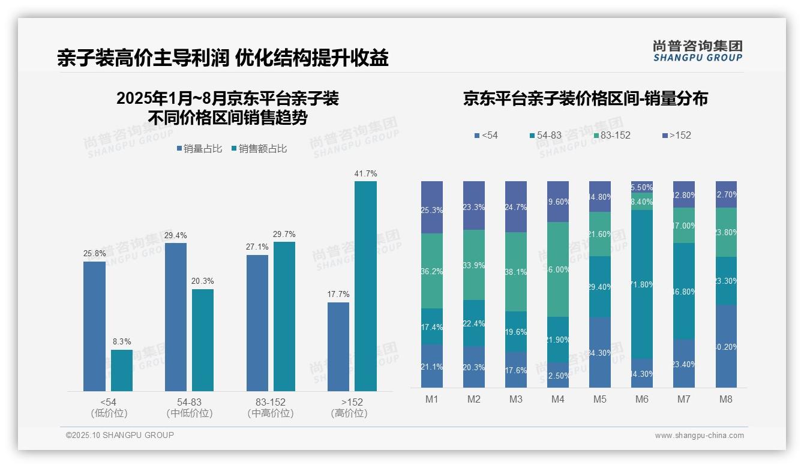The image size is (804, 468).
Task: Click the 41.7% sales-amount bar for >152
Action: (x=365, y=286)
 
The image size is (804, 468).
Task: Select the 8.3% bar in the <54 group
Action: (x=122, y=370)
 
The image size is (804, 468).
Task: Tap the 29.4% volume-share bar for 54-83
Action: (x=176, y=317)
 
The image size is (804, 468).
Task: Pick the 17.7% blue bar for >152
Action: (x=338, y=346)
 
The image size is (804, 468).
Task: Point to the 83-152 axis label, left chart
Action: (x=271, y=402)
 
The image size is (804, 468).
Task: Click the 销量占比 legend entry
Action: (x=199, y=149)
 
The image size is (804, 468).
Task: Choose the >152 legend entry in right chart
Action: (x=676, y=136)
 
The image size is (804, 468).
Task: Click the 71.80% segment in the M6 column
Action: (x=642, y=284)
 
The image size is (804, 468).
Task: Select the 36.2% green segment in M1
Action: (x=432, y=271)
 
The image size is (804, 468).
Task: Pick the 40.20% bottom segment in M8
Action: (x=726, y=346)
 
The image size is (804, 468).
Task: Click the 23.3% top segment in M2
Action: (x=474, y=205)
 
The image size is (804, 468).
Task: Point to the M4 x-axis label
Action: (x=558, y=399)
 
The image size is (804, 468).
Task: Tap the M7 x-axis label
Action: (x=684, y=399)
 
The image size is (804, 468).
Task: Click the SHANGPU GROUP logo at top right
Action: (x=697, y=51)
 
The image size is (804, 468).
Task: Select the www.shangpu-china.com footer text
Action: (x=699, y=436)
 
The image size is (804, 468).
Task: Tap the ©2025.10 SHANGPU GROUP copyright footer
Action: (x=120, y=435)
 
